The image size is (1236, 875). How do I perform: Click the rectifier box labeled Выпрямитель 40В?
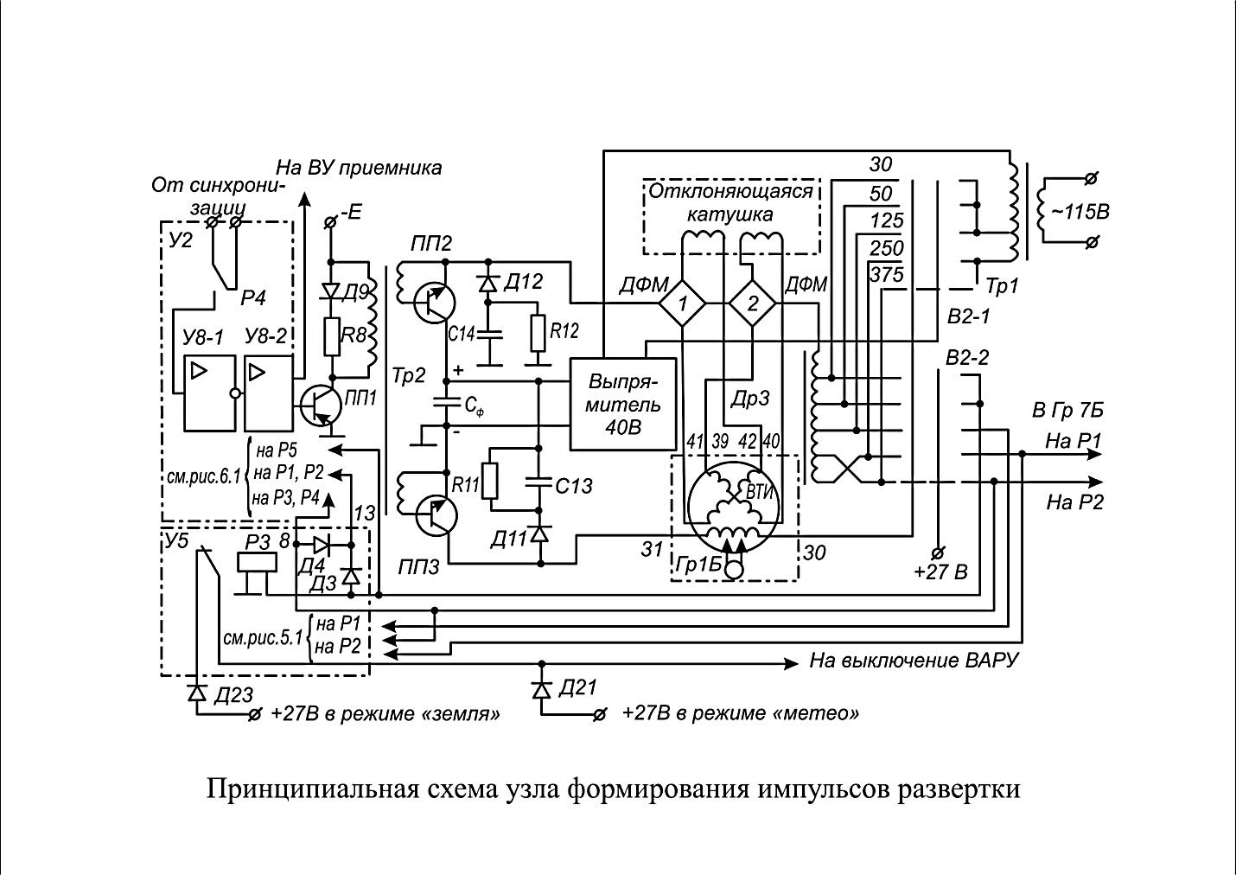(623, 404)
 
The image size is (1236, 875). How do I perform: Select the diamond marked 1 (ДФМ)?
(682, 303)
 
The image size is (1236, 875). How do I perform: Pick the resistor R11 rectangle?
(491, 482)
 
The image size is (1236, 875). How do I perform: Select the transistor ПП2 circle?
(434, 302)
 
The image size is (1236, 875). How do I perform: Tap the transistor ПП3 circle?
(434, 514)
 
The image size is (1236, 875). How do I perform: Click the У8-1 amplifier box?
(209, 393)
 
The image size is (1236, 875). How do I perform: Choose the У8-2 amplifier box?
(269, 393)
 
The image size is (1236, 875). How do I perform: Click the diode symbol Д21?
(541, 690)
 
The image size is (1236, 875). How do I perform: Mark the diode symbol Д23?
(197, 693)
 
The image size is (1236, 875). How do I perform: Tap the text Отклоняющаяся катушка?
(731, 201)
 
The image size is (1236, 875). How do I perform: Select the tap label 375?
(887, 275)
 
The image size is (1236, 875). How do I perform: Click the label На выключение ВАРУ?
(914, 661)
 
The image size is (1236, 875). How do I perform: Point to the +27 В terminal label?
(941, 572)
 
